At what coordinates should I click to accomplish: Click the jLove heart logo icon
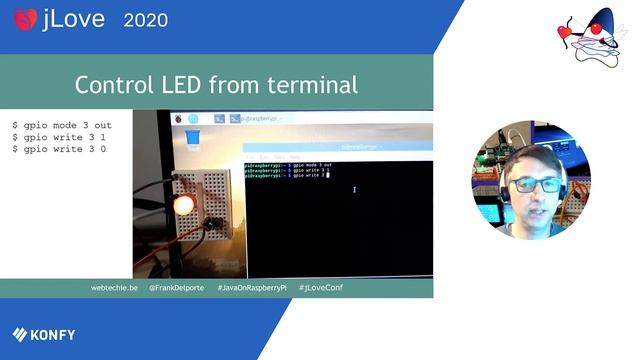click(x=25, y=18)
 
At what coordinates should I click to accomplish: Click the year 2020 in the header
click(x=146, y=19)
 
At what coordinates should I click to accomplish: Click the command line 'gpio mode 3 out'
click(x=62, y=126)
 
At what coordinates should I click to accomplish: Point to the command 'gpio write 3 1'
click(x=59, y=137)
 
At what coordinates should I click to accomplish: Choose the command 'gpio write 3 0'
click(x=59, y=149)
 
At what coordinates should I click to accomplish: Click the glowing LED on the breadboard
click(x=183, y=205)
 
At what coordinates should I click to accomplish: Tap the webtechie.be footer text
click(x=114, y=287)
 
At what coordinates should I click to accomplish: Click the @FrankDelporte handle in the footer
click(x=178, y=287)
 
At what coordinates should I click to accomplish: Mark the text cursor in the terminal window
click(x=354, y=189)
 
